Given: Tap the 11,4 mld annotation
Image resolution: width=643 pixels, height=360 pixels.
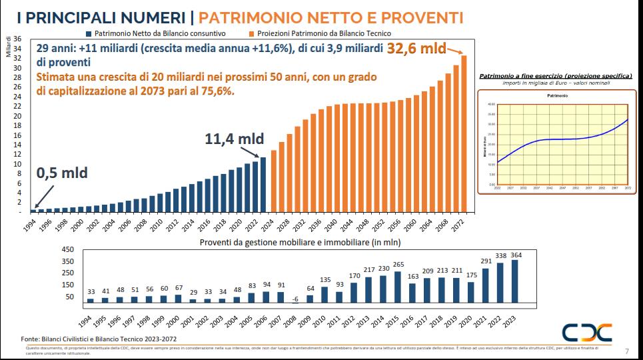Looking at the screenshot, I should point(234,139).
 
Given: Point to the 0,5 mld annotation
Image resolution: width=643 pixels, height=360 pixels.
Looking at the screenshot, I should point(61,173).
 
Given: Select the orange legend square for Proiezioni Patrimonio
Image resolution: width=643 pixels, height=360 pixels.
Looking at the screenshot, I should point(251,33).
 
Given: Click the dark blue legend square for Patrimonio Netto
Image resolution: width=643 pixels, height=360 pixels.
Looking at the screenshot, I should point(89,33).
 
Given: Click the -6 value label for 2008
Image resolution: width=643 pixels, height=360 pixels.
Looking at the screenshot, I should point(295,299).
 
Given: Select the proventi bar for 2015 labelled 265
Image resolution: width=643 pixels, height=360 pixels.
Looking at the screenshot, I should point(398,287).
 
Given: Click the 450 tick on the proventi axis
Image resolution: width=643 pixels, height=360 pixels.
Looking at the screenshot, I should point(68,250).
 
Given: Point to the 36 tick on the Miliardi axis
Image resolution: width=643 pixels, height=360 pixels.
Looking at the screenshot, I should point(18,39).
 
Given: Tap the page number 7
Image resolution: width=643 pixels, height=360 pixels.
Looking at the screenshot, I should point(627,351).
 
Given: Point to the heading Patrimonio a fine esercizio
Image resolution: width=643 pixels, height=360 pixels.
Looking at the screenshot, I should point(555,77).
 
